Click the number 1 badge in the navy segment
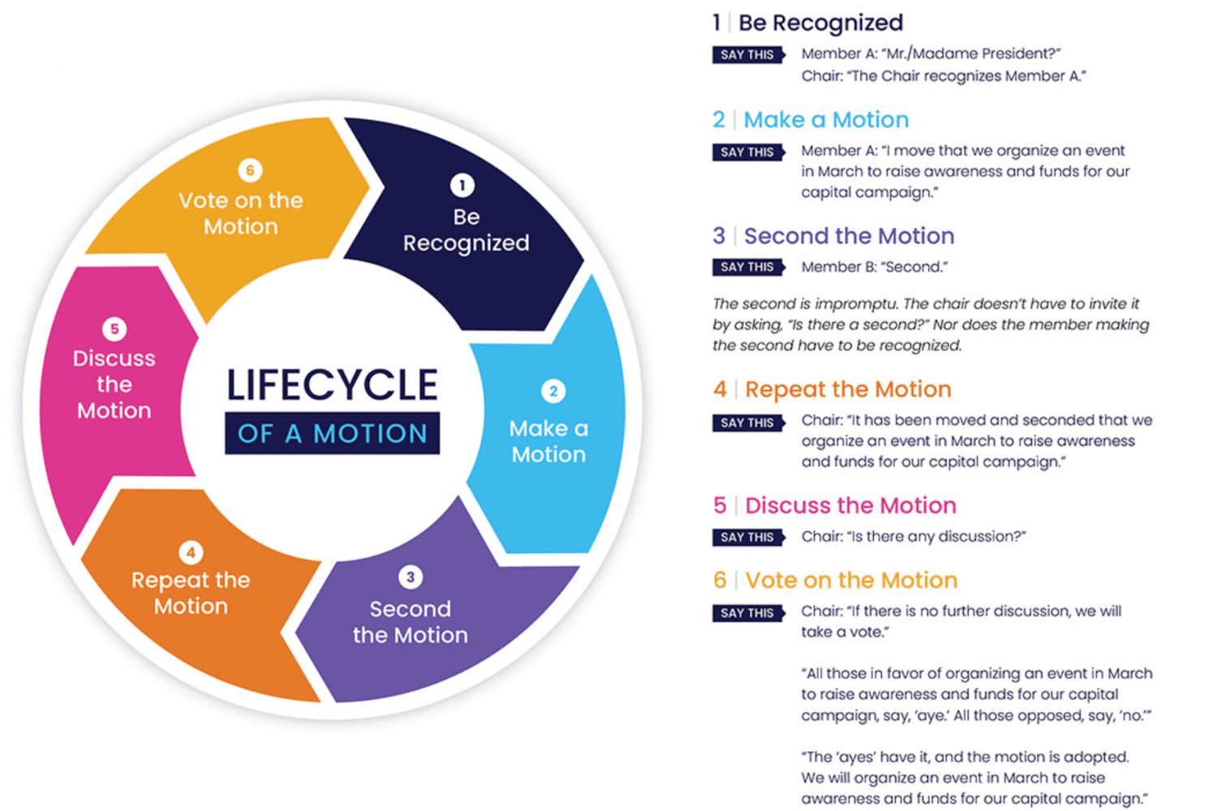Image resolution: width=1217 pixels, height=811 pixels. point(462,186)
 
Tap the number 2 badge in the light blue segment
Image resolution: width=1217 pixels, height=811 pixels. point(553,392)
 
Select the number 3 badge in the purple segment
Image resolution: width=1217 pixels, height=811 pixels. point(411,577)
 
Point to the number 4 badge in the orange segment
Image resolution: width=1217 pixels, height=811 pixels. point(191,553)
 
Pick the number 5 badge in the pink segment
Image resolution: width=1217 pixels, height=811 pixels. point(114,329)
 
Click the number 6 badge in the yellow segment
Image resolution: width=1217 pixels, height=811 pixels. point(250,170)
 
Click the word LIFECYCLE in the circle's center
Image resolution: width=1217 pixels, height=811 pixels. point(332,385)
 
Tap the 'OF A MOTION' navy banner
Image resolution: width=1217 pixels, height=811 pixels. point(332,434)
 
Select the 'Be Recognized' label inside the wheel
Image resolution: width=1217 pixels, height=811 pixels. point(466,230)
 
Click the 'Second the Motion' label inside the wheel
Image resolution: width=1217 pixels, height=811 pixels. point(411,622)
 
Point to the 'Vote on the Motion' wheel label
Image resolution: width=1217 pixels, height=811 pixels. point(241,213)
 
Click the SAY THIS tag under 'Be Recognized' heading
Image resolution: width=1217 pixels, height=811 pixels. point(747,55)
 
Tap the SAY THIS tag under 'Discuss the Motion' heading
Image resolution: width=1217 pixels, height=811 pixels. point(747,537)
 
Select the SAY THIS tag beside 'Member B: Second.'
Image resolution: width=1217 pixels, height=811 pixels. point(747,267)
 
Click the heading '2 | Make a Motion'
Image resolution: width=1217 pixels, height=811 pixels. point(811,120)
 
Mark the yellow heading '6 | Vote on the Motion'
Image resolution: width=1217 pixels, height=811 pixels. point(835,581)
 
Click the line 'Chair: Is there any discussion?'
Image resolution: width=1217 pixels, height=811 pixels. point(914,537)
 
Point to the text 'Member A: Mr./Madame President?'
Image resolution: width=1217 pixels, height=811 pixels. point(931,54)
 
